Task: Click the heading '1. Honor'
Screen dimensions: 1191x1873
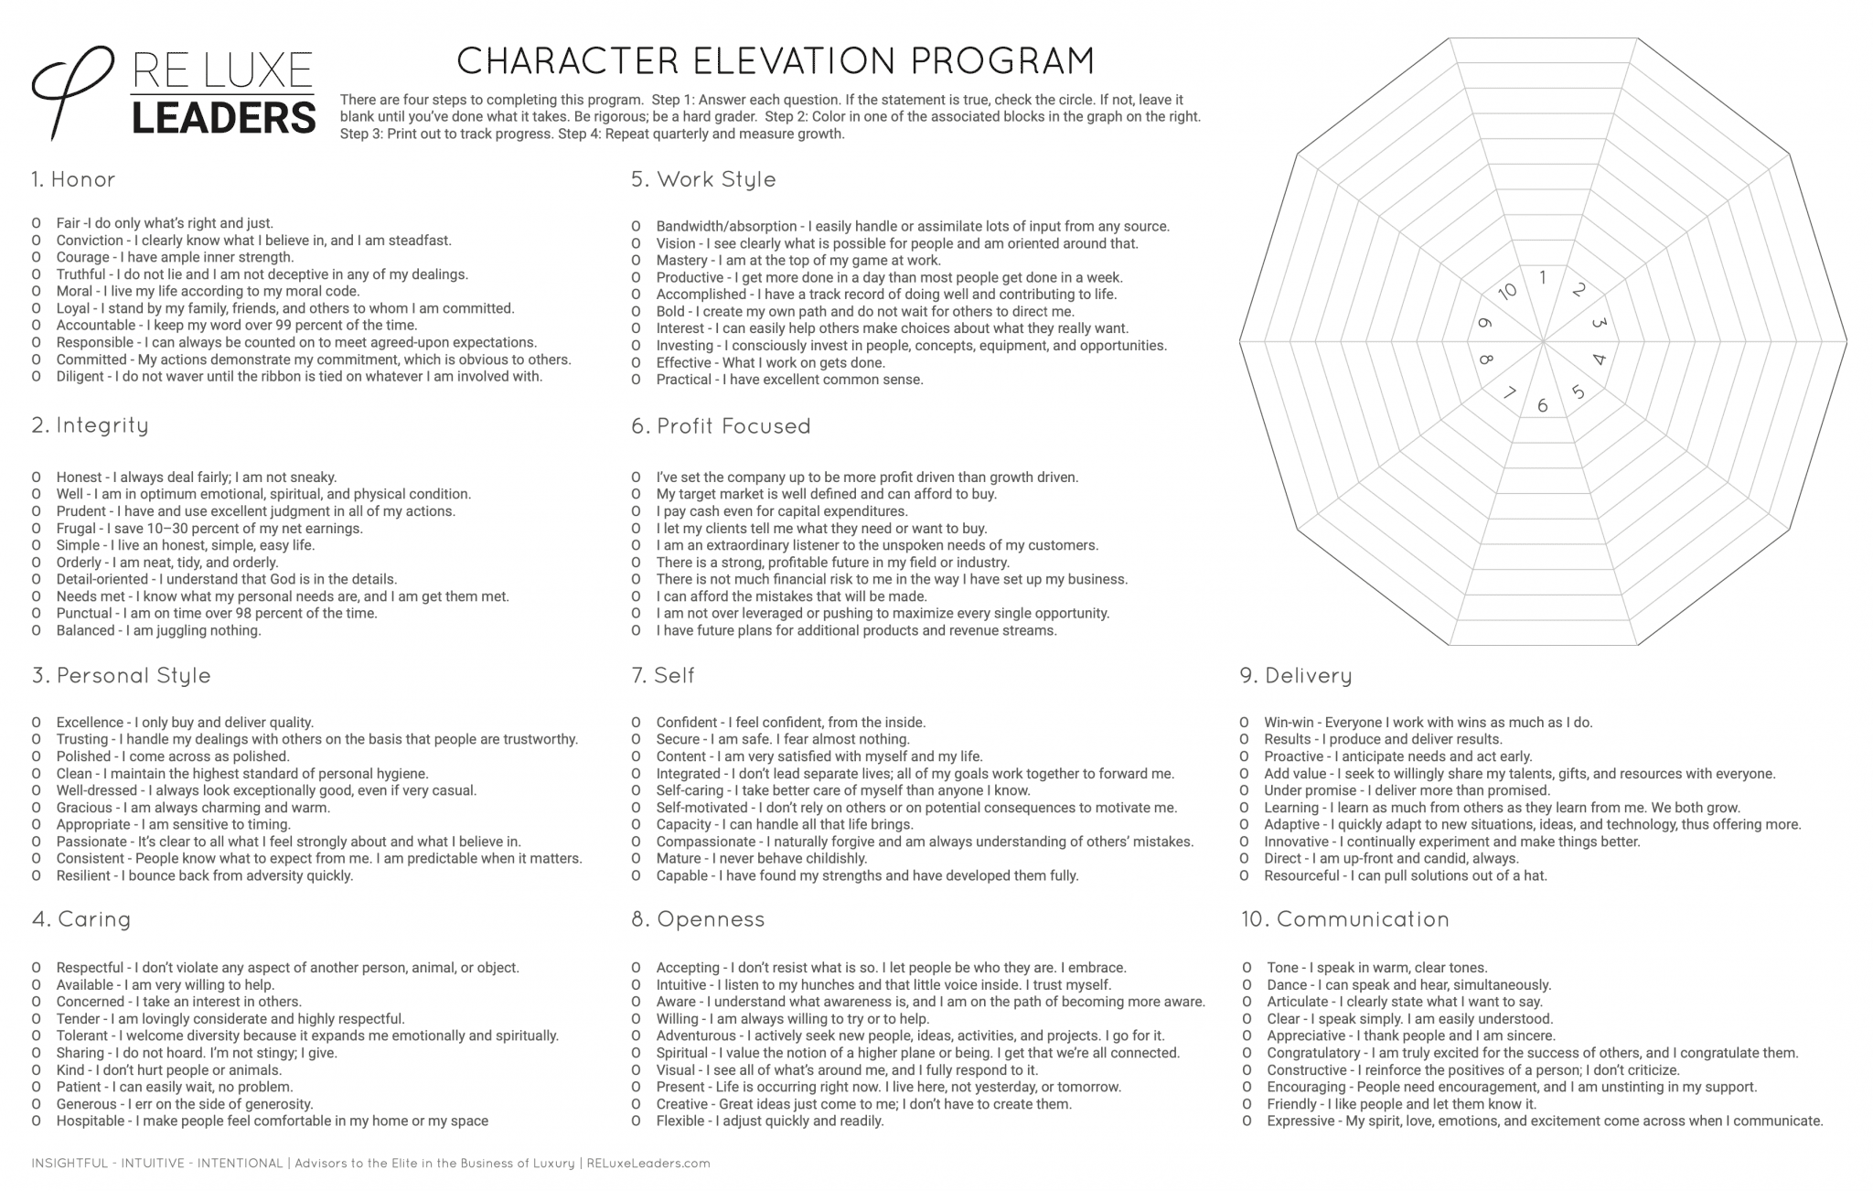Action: point(73,179)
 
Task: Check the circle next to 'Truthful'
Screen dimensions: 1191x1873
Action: point(37,274)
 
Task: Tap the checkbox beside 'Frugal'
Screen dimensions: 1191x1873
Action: point(37,529)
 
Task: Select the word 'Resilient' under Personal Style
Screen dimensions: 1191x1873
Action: point(84,875)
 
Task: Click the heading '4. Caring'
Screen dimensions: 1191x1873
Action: point(81,919)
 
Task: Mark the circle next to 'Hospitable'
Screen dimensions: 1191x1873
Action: point(37,1121)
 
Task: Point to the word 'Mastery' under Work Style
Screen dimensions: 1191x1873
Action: point(681,261)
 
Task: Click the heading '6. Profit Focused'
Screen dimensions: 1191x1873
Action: point(721,426)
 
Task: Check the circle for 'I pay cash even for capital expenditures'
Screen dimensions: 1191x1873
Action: point(636,511)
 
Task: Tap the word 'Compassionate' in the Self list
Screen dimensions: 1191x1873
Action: point(706,842)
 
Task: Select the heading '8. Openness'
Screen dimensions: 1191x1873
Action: point(698,919)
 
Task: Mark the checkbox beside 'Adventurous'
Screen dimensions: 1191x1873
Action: point(636,1036)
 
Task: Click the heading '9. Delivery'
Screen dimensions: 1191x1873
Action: point(1296,676)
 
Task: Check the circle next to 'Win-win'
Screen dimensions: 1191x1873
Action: point(1244,723)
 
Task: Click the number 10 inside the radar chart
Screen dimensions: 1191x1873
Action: point(1507,291)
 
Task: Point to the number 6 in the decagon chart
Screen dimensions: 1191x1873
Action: point(1543,405)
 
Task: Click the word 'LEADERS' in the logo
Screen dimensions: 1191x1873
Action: point(224,119)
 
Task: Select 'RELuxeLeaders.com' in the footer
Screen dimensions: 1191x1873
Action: point(648,1164)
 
